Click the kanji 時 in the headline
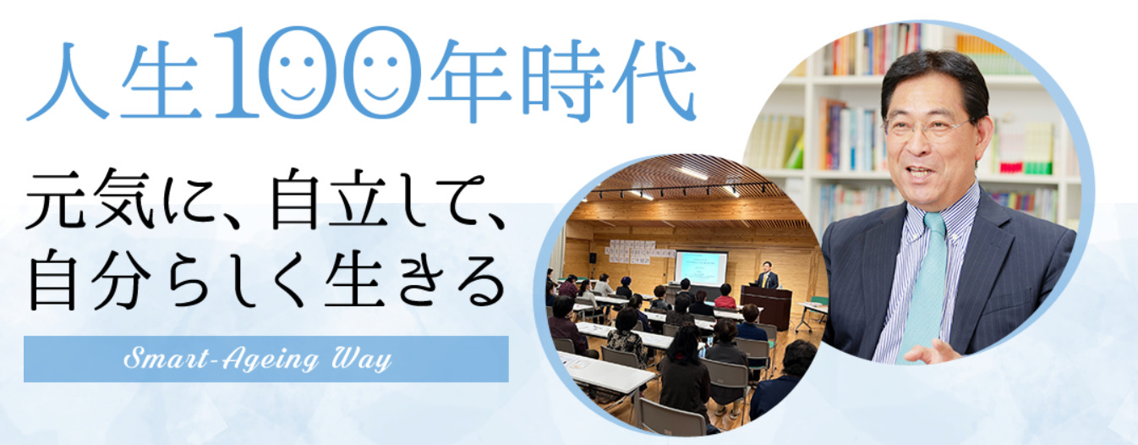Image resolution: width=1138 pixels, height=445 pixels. click(563, 80)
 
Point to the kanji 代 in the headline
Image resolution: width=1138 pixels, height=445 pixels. click(654, 80)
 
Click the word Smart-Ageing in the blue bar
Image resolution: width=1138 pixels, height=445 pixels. click(222, 360)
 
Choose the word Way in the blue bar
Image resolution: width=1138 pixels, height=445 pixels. click(361, 360)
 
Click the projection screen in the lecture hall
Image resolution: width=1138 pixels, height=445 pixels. click(701, 267)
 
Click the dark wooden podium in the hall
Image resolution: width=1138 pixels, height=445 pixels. click(766, 306)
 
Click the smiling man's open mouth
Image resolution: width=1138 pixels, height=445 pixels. click(921, 173)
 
